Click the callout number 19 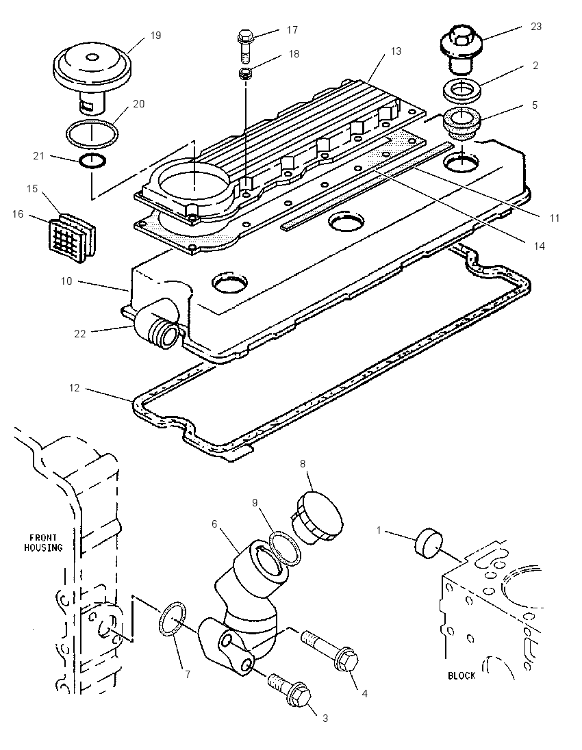coord(155,36)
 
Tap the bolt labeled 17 coord(245,47)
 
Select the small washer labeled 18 coord(246,74)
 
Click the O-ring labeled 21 coord(92,161)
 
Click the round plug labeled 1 coord(429,543)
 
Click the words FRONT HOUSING coord(44,543)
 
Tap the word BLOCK coord(461,675)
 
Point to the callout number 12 coord(74,387)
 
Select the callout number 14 coord(540,246)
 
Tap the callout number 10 coord(66,281)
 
